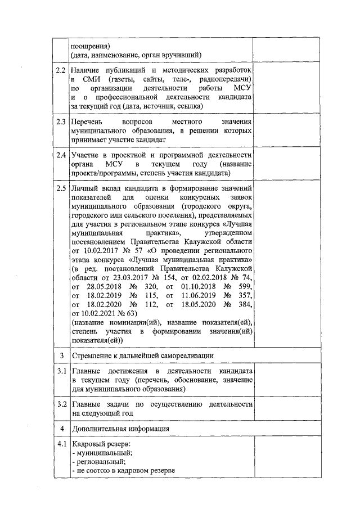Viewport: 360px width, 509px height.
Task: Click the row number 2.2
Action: point(61,70)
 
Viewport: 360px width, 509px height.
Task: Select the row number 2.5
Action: point(61,187)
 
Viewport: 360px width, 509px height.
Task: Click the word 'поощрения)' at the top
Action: point(90,46)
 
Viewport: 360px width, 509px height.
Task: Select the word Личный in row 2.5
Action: point(84,187)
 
